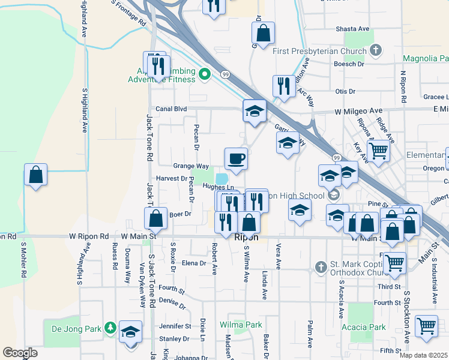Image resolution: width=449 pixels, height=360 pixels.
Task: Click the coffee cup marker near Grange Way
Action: pos(236,159)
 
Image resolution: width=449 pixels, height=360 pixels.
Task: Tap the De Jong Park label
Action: pos(74,328)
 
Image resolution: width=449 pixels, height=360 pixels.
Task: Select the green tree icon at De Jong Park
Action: pos(110,328)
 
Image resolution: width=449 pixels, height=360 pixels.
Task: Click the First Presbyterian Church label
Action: pos(319,51)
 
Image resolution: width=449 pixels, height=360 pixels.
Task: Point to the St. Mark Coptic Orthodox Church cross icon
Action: pos(321,266)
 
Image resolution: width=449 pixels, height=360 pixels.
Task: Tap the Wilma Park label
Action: pos(241,325)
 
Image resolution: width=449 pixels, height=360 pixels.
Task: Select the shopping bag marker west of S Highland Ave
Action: pos(36,175)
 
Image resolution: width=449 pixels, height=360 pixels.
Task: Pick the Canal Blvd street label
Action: pos(171,109)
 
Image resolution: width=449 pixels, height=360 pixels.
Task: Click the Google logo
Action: pos(20,353)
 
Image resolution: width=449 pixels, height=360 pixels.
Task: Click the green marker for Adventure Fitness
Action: pos(204,75)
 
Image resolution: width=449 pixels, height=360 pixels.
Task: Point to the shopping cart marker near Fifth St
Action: pos(426,326)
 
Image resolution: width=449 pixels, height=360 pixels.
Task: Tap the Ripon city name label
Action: pos(246,238)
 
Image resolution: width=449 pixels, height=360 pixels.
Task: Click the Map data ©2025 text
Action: pos(423,355)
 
